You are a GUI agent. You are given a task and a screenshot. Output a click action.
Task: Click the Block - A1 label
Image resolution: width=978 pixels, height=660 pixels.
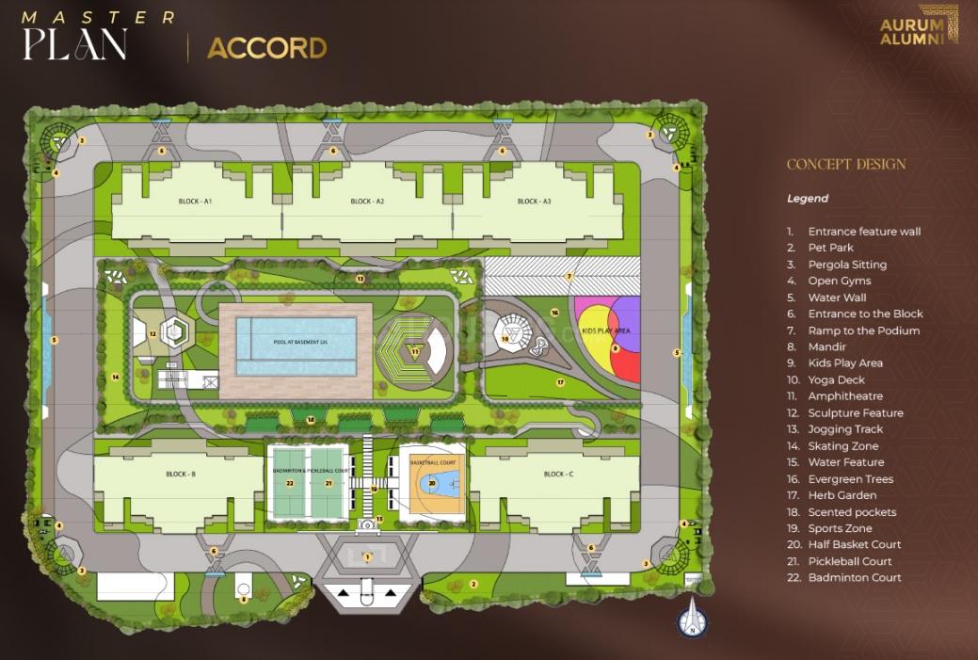(x=195, y=201)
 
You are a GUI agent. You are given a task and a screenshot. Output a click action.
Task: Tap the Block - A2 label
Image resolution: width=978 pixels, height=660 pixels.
(x=367, y=201)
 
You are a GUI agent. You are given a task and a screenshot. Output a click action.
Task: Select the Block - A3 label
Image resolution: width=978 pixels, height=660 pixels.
(x=534, y=201)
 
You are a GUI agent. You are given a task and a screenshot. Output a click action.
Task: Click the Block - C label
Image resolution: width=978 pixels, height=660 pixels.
(x=556, y=475)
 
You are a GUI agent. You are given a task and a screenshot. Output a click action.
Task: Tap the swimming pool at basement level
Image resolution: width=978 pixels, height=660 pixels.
(x=297, y=344)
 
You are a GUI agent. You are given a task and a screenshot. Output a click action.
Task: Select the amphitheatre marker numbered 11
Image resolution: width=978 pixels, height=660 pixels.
(x=414, y=351)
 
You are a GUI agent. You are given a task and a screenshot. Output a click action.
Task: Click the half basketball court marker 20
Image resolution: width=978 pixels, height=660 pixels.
(x=432, y=483)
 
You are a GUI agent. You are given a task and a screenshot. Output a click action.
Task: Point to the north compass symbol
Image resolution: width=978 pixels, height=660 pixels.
(x=692, y=621)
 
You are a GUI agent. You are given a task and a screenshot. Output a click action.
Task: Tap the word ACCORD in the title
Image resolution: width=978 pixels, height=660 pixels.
(x=266, y=48)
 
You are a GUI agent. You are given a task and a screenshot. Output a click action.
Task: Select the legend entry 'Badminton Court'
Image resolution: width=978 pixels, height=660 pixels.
(x=854, y=578)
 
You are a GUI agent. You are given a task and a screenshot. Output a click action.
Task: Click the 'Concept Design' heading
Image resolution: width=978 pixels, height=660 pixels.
(x=845, y=165)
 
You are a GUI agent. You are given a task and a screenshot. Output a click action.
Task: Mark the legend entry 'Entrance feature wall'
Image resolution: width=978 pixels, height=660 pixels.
(x=863, y=232)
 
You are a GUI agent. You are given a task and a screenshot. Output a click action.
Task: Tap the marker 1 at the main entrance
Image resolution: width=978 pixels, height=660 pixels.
(x=368, y=556)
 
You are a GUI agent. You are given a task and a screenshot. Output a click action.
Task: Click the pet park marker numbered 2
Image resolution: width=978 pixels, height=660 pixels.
(x=473, y=585)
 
